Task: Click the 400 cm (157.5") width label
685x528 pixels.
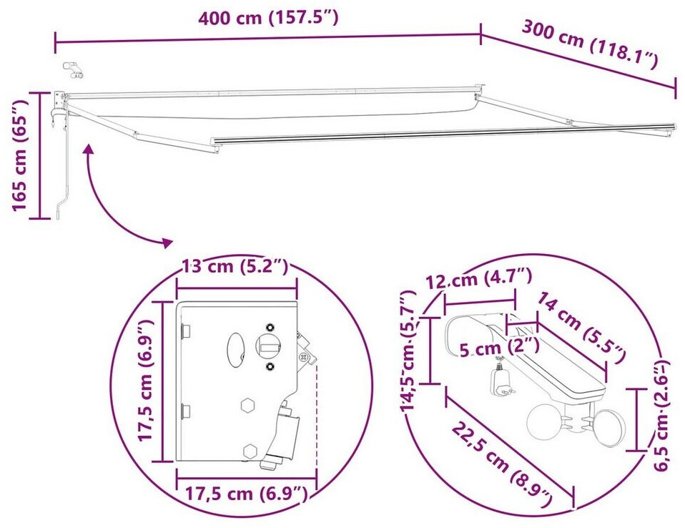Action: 268,19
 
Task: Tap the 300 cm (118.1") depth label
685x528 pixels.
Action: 590,44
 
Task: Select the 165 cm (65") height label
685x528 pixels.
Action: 20,155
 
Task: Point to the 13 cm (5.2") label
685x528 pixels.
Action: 235,266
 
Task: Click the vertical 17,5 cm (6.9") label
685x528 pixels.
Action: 145,381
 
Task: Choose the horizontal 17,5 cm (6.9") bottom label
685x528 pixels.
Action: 247,494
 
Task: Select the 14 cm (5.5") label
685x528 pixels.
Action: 580,328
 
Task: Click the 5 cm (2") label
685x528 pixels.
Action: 499,348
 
